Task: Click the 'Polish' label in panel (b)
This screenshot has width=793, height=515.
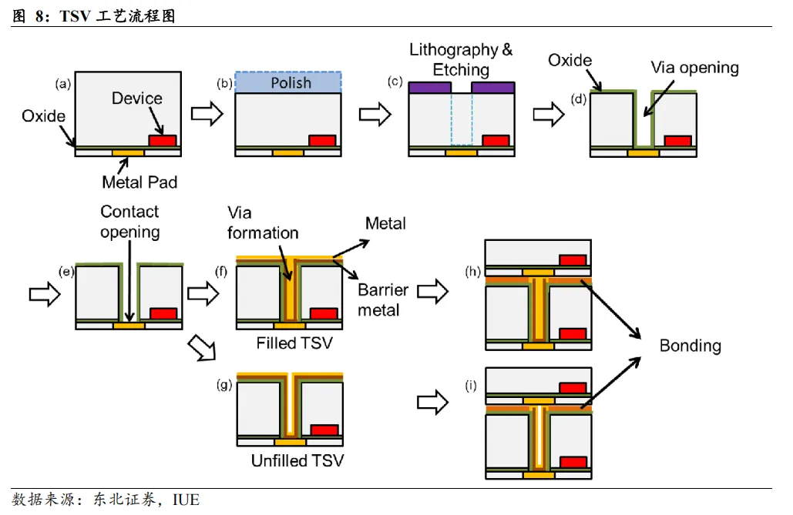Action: [291, 82]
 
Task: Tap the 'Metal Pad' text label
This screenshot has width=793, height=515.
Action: [139, 182]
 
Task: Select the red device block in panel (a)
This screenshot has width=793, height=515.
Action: [162, 141]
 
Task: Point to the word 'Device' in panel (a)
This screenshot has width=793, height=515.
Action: [137, 99]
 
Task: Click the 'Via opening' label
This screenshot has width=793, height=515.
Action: [694, 67]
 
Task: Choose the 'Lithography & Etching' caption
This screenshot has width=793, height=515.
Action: [461, 59]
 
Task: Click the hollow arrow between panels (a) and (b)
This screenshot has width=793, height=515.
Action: [206, 114]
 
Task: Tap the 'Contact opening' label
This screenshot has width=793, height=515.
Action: [129, 221]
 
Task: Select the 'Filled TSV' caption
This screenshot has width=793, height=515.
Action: [294, 343]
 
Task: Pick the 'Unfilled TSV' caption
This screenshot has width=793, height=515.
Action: [297, 461]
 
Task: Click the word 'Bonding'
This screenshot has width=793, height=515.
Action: [690, 345]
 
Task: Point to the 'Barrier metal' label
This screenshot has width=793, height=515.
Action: [382, 300]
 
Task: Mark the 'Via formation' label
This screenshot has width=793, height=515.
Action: [262, 222]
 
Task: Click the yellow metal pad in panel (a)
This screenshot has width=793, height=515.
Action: [128, 153]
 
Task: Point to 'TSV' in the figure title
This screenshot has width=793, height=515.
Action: [75, 16]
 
